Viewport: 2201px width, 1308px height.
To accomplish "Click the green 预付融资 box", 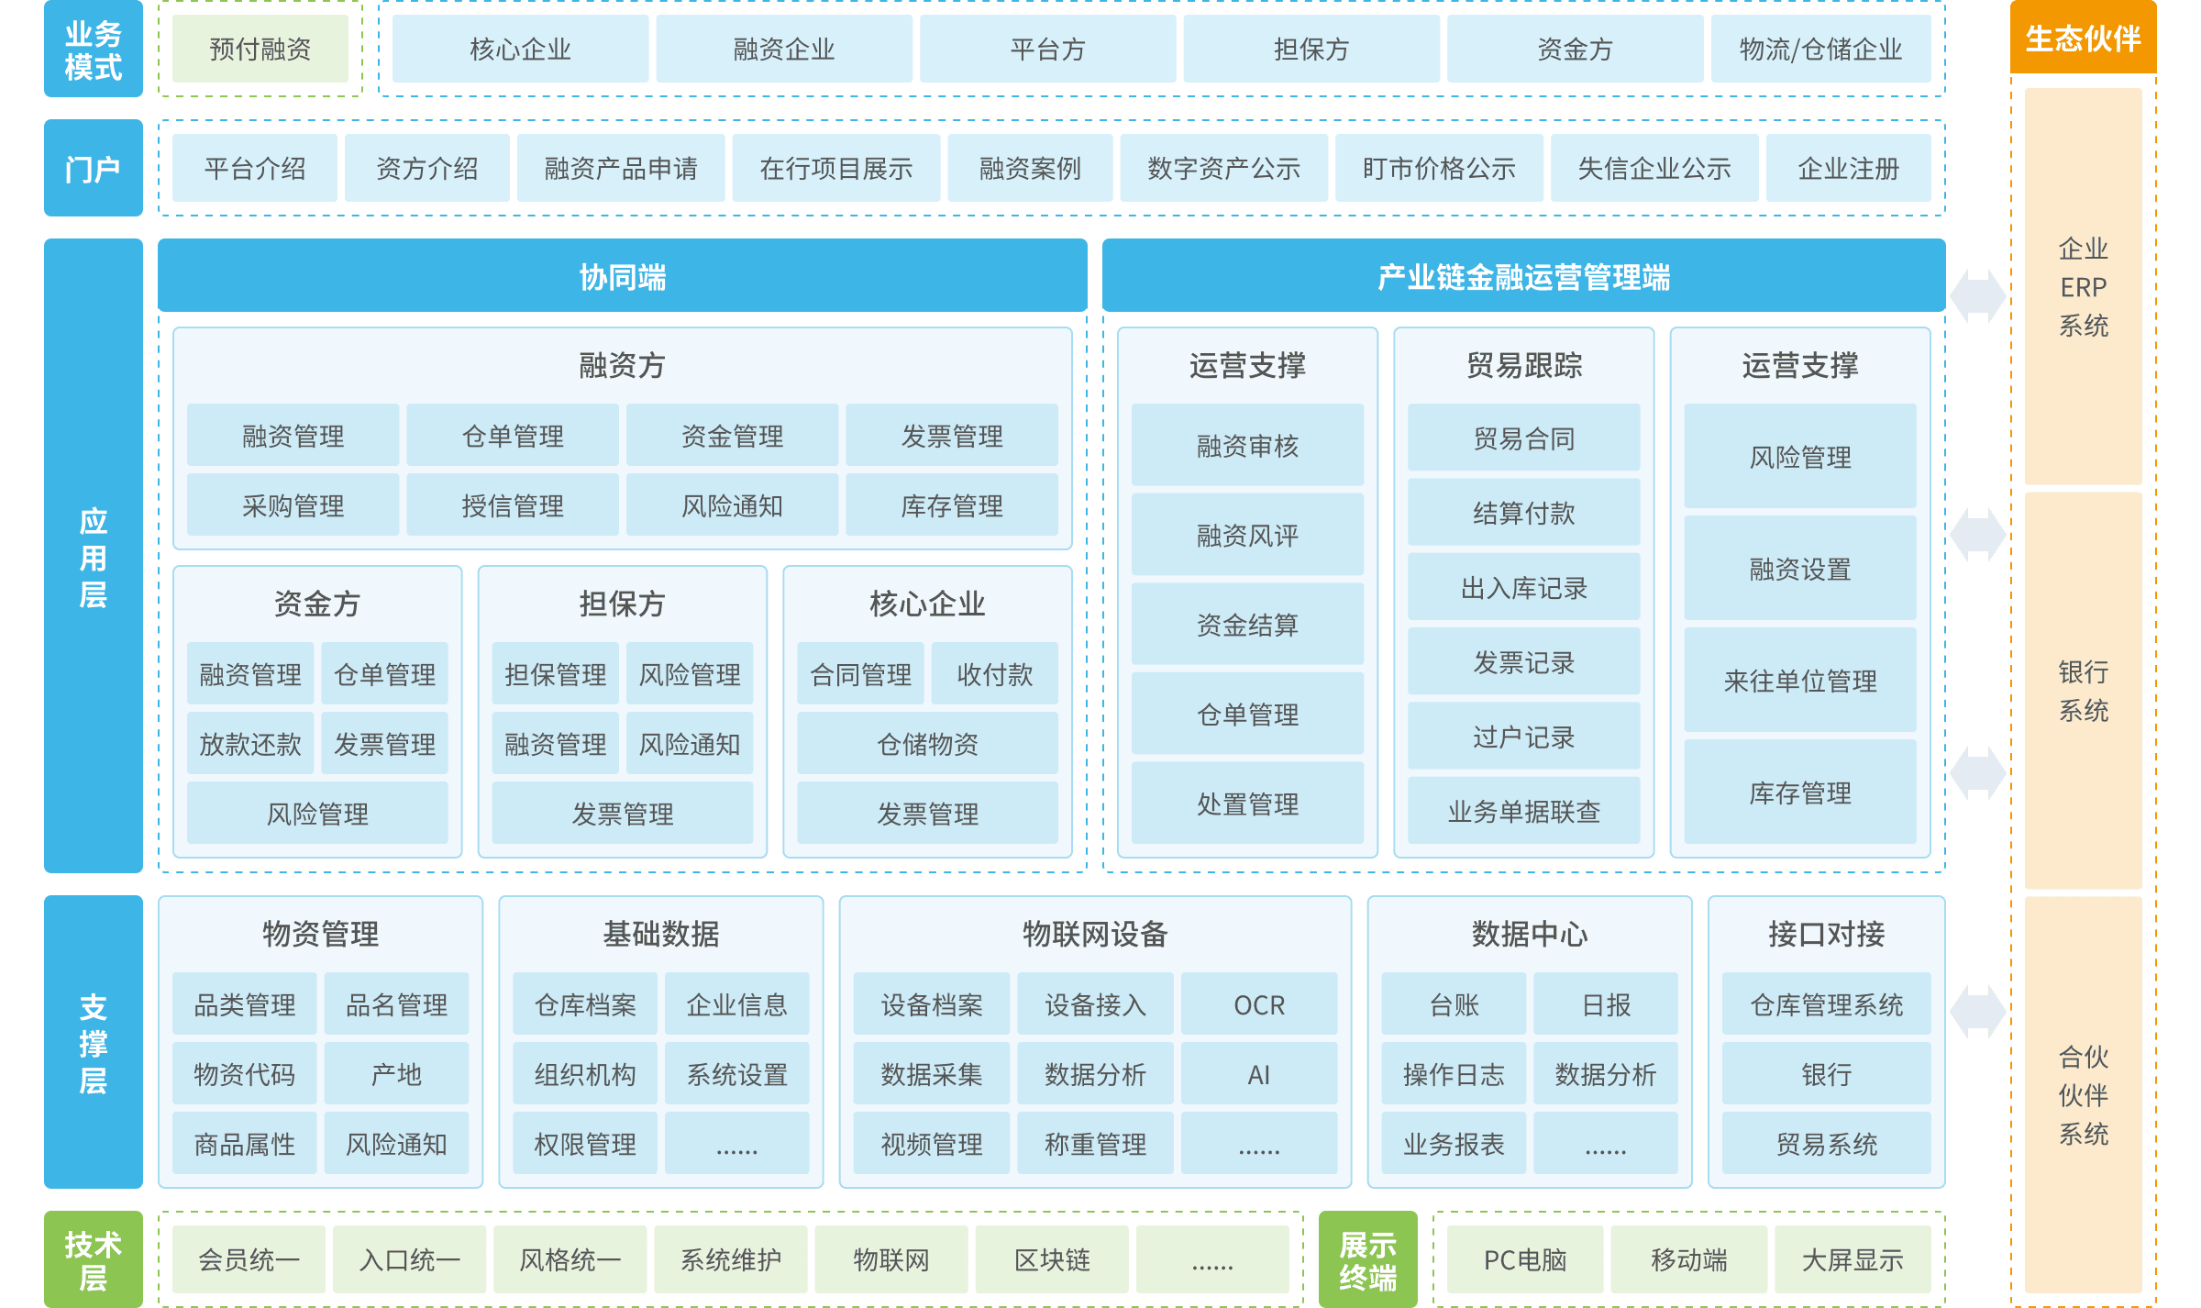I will tap(260, 49).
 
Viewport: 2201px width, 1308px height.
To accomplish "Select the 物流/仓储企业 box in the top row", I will tap(1820, 49).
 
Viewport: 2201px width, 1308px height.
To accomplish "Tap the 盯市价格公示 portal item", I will tap(1438, 168).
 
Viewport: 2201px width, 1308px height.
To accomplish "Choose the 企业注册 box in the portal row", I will tap(1848, 168).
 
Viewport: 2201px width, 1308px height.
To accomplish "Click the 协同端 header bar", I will tap(622, 276).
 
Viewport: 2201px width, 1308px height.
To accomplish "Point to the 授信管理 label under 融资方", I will tap(513, 505).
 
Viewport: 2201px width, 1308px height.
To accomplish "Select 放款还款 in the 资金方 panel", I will tap(250, 744).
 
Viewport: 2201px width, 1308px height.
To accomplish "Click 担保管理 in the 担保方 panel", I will tap(555, 674).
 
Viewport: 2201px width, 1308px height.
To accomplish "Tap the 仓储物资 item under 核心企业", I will tap(927, 744).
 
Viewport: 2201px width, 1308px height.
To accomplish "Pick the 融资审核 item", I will tap(1247, 446).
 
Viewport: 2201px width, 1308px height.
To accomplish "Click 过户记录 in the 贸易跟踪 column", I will tap(1523, 737).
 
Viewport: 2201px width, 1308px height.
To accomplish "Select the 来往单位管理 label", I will tap(1799, 681).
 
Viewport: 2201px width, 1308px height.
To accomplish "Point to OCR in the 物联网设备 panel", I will tap(1259, 1005).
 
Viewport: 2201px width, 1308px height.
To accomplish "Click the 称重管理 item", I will tap(1095, 1144).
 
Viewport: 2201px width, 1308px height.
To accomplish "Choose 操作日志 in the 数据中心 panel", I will tap(1454, 1074).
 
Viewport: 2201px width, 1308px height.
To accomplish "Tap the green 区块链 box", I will tap(1052, 1259).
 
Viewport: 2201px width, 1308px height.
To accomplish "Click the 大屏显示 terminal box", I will tap(1852, 1259).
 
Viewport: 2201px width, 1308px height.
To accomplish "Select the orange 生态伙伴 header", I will tap(2083, 38).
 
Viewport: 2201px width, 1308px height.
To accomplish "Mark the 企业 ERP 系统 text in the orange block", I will tap(2083, 286).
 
